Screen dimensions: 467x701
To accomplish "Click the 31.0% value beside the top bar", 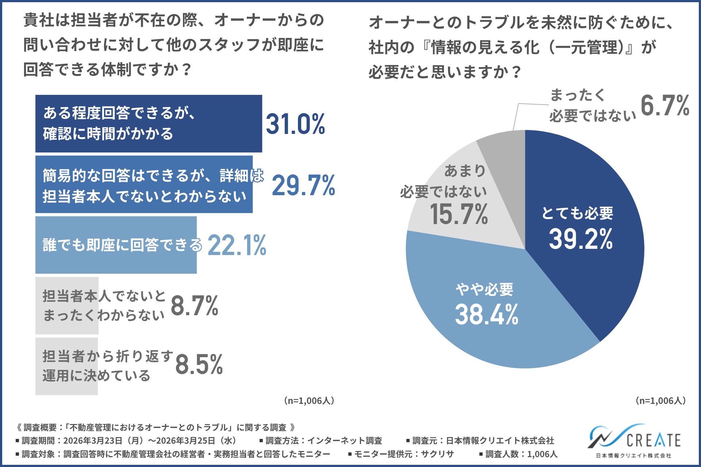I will click(x=295, y=124).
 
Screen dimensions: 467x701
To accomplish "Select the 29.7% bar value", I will click(x=303, y=185).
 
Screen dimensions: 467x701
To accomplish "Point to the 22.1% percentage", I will click(x=237, y=245).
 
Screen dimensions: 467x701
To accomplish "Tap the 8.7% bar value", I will click(x=194, y=306).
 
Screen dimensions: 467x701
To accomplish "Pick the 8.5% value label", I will click(x=199, y=364).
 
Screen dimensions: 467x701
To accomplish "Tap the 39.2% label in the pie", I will click(x=581, y=239).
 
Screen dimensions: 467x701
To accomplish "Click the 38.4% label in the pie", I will click(x=486, y=314).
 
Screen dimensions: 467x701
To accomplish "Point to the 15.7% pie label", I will click(x=459, y=214).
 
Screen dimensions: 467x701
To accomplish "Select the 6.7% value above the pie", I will click(x=665, y=106).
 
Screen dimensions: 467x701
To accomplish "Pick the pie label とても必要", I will click(x=577, y=213).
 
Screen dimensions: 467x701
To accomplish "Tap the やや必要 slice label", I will click(x=484, y=290).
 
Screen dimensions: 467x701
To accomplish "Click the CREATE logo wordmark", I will click(x=654, y=440).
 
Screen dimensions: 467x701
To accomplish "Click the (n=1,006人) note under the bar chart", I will click(x=309, y=401).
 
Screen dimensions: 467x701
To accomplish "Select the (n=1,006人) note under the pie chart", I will click(x=660, y=401).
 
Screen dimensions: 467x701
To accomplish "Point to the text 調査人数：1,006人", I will click(x=521, y=454).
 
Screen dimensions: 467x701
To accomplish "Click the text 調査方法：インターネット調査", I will click(x=323, y=441).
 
